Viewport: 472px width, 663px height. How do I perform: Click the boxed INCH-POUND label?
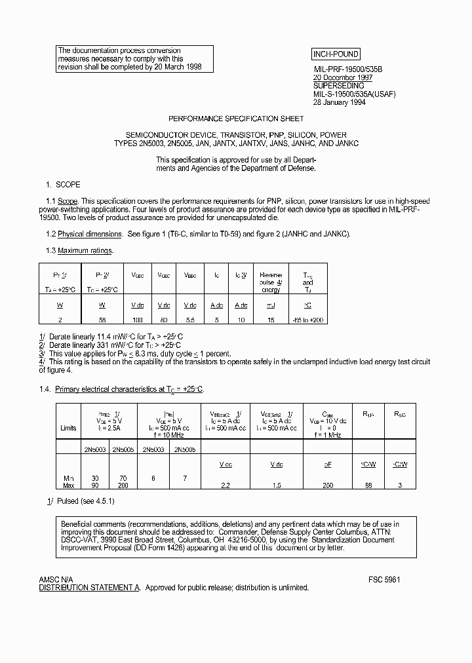pos(335,54)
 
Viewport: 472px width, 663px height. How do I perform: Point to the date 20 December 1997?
pos(343,77)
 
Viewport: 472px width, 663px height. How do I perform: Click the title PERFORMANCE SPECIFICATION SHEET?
pos(236,119)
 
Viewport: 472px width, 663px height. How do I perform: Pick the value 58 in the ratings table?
pos(102,320)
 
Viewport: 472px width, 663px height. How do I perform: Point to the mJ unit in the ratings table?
pos(271,305)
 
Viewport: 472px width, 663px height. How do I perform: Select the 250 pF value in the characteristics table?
pos(328,485)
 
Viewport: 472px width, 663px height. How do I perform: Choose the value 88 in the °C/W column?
pos(369,485)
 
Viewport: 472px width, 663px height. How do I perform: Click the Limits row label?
pos(68,428)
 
